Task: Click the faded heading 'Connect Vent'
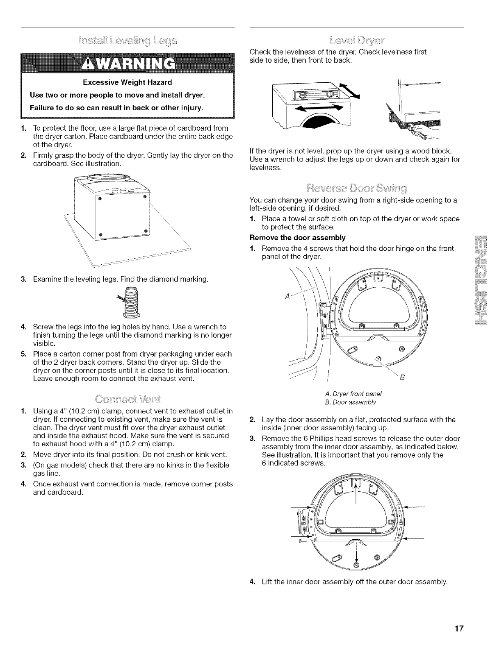coord(128,399)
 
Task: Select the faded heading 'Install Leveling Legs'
coord(128,41)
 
